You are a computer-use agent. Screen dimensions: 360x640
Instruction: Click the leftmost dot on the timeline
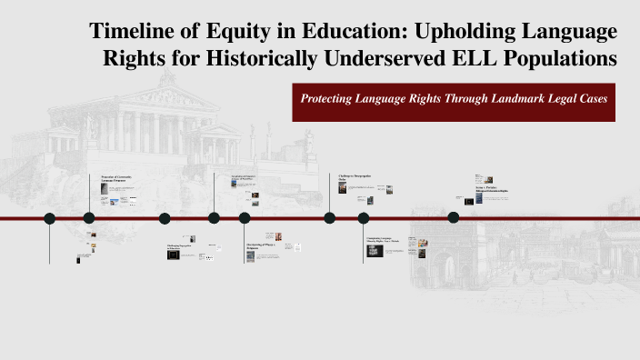tap(50, 218)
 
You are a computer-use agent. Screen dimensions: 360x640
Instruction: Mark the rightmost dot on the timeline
tap(454, 217)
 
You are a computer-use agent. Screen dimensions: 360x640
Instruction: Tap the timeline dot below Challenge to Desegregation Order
tap(329, 218)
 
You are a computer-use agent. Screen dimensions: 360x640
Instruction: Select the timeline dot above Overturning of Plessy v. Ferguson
tap(245, 218)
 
